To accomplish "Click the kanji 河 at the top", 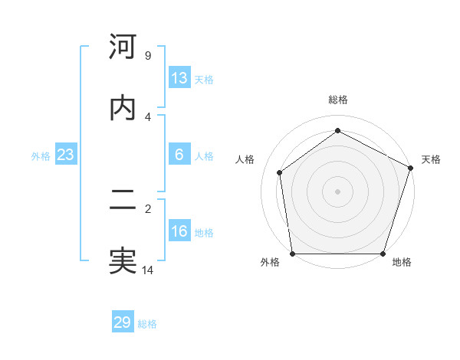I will point(123,47).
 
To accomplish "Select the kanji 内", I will point(123,108).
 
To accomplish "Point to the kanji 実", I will point(123,261).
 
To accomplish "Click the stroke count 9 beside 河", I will point(148,56).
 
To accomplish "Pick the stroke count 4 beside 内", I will point(148,116).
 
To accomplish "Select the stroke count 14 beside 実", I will point(148,270).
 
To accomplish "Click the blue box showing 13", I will point(179,78).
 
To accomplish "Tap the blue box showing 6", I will point(179,155).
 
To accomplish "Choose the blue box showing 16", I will point(179,231).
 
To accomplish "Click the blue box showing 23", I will point(65,155).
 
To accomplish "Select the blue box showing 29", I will point(123,322).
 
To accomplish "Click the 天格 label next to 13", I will point(204,80).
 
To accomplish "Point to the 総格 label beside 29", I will point(147,324).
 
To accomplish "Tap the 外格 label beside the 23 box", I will point(41,156).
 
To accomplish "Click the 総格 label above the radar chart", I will point(337,100).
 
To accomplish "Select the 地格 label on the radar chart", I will point(402,263).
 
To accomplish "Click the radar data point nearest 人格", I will point(280,172).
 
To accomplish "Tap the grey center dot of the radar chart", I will point(337,191).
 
